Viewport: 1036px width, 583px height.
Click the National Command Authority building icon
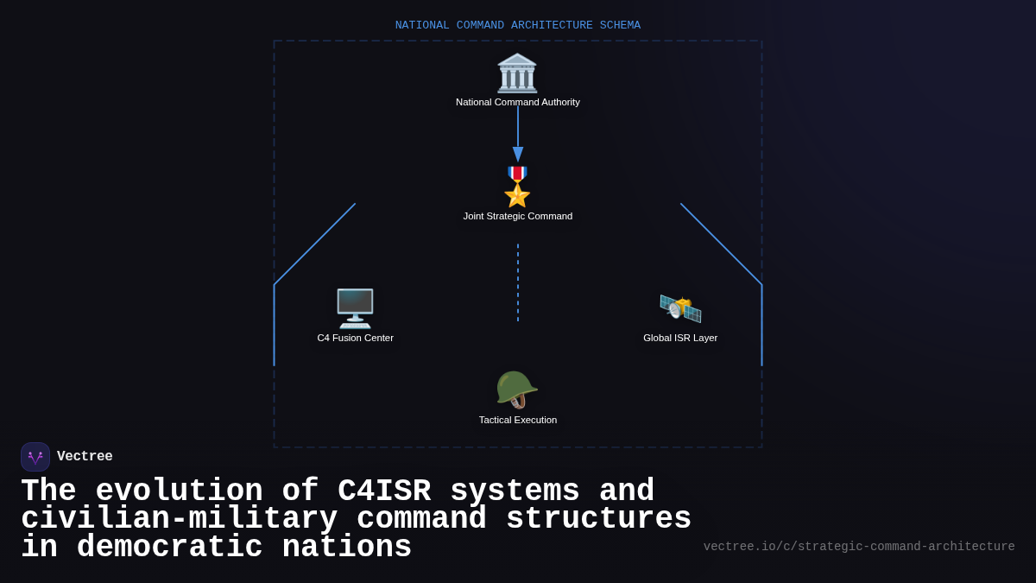coord(517,73)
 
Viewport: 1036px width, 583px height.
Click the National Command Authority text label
coord(518,102)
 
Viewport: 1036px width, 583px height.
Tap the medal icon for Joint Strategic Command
coord(517,187)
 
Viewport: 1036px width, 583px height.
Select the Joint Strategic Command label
coord(518,216)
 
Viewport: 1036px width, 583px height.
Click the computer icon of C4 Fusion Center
coord(355,308)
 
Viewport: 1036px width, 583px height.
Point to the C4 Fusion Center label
coord(355,338)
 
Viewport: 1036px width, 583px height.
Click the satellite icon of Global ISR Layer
coord(680,308)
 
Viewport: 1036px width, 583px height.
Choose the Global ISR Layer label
coord(680,338)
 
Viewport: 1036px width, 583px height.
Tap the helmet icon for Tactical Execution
coord(516,390)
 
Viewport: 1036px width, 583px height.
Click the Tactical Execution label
coord(518,420)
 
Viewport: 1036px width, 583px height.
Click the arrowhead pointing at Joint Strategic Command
coord(518,155)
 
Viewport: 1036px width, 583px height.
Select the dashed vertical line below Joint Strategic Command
coord(518,282)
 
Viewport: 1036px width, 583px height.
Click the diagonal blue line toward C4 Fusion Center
coord(315,244)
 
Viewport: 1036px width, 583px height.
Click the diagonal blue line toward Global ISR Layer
coord(721,244)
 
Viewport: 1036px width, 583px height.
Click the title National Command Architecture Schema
coord(518,25)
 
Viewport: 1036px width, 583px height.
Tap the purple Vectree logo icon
coord(35,457)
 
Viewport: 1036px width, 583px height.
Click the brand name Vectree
coord(85,457)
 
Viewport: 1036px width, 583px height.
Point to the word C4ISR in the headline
coord(384,491)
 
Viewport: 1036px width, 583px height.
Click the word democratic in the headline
coord(169,548)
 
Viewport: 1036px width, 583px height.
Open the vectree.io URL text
coord(859,547)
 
